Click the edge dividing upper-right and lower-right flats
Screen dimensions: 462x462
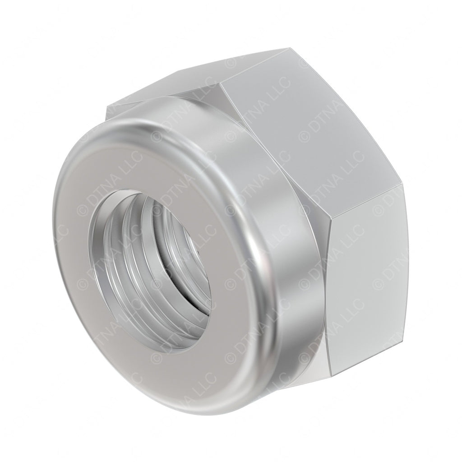click(365, 203)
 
